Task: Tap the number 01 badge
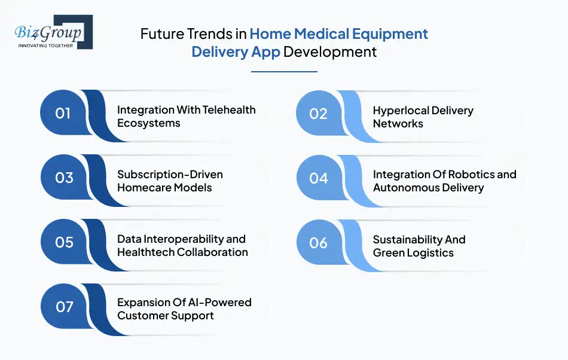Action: tap(63, 114)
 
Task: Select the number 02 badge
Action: tap(319, 114)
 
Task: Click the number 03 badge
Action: tap(63, 178)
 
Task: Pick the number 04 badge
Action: tap(319, 178)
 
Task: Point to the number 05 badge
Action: tap(63, 243)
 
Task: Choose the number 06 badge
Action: tap(319, 243)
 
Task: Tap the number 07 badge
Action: tap(63, 307)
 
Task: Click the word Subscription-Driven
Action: tap(170, 175)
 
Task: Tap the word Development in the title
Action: tap(330, 51)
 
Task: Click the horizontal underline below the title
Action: tap(284, 72)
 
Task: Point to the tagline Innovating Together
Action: tap(45, 45)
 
